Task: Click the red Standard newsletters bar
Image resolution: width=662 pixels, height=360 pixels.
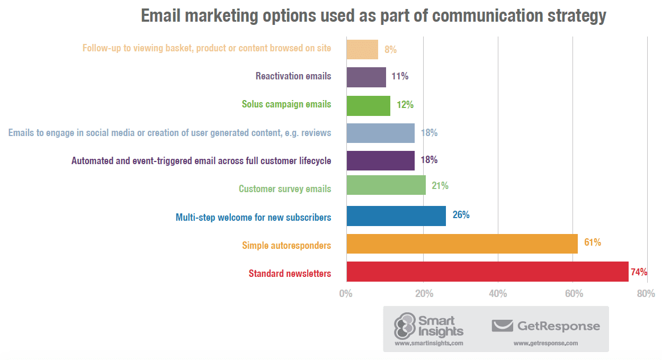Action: (x=487, y=272)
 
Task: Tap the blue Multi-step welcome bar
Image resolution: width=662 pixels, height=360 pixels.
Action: (x=396, y=216)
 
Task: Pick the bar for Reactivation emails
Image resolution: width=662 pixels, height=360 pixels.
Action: (x=366, y=77)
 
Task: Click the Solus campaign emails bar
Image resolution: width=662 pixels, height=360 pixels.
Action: (x=368, y=105)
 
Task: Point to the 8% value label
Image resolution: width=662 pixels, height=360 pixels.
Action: (x=391, y=50)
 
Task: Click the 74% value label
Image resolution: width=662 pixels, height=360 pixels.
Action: (x=639, y=272)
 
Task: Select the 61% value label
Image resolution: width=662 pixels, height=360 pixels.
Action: (x=593, y=242)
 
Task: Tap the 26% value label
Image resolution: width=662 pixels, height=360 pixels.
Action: (x=461, y=215)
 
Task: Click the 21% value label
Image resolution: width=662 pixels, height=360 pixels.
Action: (x=440, y=186)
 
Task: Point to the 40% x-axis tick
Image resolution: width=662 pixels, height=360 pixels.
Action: (x=498, y=293)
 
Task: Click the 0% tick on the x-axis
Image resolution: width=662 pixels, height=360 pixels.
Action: (x=346, y=293)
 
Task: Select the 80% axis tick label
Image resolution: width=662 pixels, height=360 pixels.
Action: (x=646, y=293)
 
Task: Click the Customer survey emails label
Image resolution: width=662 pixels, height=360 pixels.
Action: (x=285, y=189)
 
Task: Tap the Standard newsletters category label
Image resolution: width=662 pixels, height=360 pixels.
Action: (x=290, y=274)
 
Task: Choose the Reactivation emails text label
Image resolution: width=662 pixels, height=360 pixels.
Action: (x=293, y=76)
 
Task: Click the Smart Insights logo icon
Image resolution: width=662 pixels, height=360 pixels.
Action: (x=405, y=326)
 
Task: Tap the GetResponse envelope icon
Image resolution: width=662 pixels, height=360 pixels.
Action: (x=502, y=326)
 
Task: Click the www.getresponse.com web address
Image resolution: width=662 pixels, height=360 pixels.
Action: (x=545, y=343)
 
